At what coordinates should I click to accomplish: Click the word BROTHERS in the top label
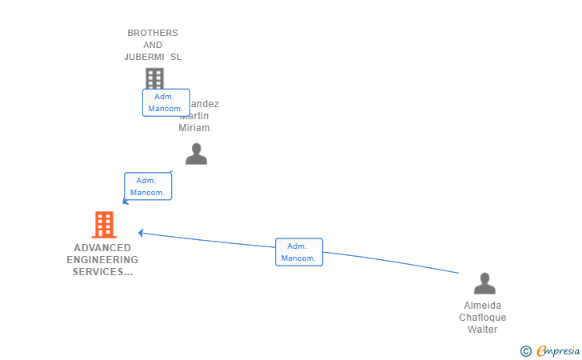click(x=153, y=33)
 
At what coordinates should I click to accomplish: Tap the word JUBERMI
click(x=146, y=57)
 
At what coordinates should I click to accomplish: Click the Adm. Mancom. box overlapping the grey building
click(x=166, y=102)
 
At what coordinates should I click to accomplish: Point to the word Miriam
click(x=193, y=128)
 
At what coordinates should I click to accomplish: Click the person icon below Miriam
click(x=196, y=154)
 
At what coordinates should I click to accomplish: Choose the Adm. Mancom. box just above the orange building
click(x=148, y=186)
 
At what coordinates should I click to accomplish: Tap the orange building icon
click(x=104, y=225)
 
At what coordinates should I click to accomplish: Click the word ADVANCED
click(x=102, y=248)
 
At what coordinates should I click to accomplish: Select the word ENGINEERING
click(x=102, y=260)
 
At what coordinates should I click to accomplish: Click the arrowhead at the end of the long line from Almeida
click(x=141, y=233)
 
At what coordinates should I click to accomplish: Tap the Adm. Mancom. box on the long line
click(x=299, y=252)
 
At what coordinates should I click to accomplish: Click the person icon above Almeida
click(x=484, y=283)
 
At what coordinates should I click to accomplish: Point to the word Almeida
click(x=483, y=306)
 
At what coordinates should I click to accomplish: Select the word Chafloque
click(x=483, y=318)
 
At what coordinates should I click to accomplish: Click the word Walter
click(x=483, y=330)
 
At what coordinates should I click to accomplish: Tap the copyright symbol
click(x=525, y=350)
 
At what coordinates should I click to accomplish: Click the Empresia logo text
click(x=558, y=350)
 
